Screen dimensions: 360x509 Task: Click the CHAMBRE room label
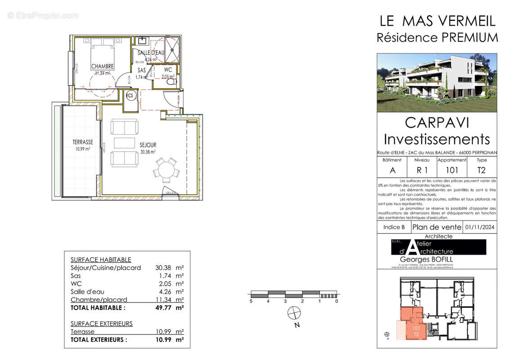tap(103, 67)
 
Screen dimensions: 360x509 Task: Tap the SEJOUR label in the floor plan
tap(148, 145)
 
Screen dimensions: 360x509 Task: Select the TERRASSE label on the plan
tap(83, 142)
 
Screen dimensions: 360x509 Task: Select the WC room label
tap(168, 70)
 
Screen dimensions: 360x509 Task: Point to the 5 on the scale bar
tap(251, 301)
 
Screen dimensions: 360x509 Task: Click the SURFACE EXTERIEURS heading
tap(102, 324)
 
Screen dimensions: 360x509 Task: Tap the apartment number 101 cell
tap(451, 170)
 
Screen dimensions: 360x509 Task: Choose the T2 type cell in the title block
tap(482, 170)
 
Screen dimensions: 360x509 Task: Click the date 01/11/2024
tap(480, 227)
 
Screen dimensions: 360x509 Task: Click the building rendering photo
tap(437, 83)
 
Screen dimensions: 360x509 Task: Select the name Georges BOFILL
tap(427, 260)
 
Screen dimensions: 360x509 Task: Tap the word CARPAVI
tap(436, 122)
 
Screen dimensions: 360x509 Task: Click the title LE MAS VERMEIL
tap(437, 21)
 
